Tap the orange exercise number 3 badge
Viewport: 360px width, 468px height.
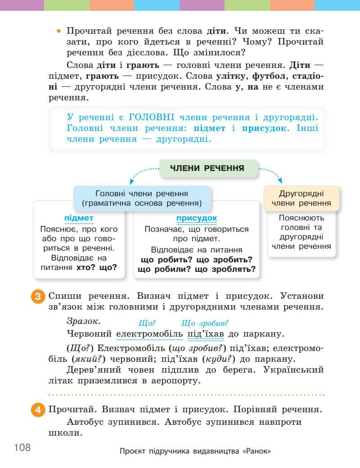coord(39,297)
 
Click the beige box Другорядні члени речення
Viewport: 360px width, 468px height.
coord(301,198)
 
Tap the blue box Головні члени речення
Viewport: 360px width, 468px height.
coord(142,198)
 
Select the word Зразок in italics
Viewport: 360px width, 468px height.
coord(83,321)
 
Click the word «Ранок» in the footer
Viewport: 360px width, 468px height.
coord(256,451)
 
